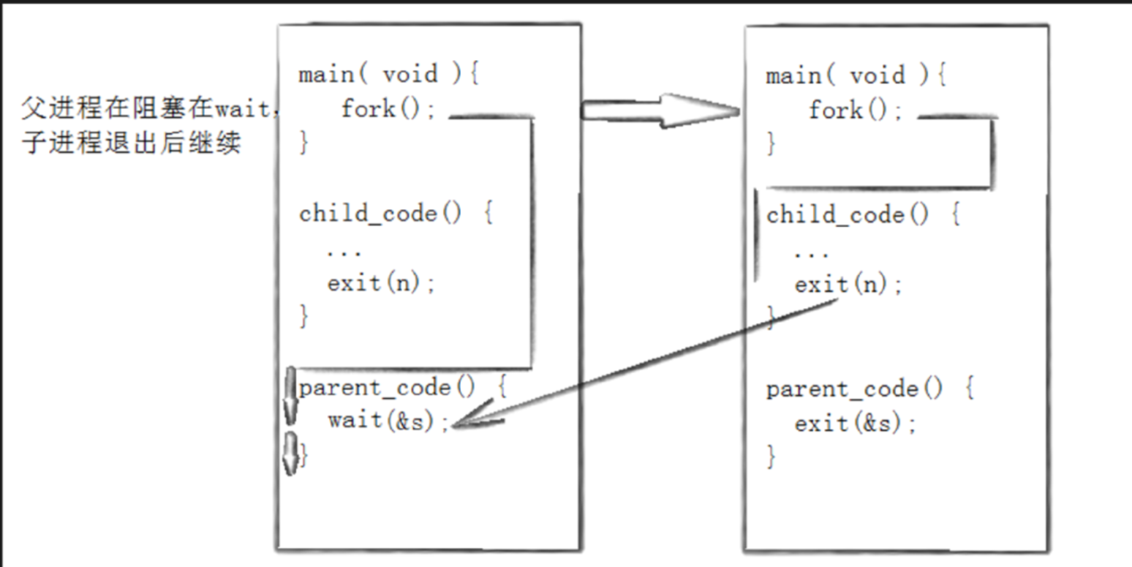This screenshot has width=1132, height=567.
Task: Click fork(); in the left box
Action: pos(388,110)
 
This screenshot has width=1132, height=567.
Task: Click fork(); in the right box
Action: pos(856,110)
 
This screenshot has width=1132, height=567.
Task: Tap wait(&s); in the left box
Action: pos(388,421)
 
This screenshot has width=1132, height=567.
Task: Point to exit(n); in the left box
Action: pos(381,283)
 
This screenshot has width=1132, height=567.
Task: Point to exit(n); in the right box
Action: pos(849,285)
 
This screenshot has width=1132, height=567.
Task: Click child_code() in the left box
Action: pos(381,214)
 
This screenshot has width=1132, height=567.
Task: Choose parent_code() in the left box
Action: pos(387,388)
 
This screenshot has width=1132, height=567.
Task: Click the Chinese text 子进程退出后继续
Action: pos(132,143)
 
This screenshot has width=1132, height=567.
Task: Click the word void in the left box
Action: pos(410,74)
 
